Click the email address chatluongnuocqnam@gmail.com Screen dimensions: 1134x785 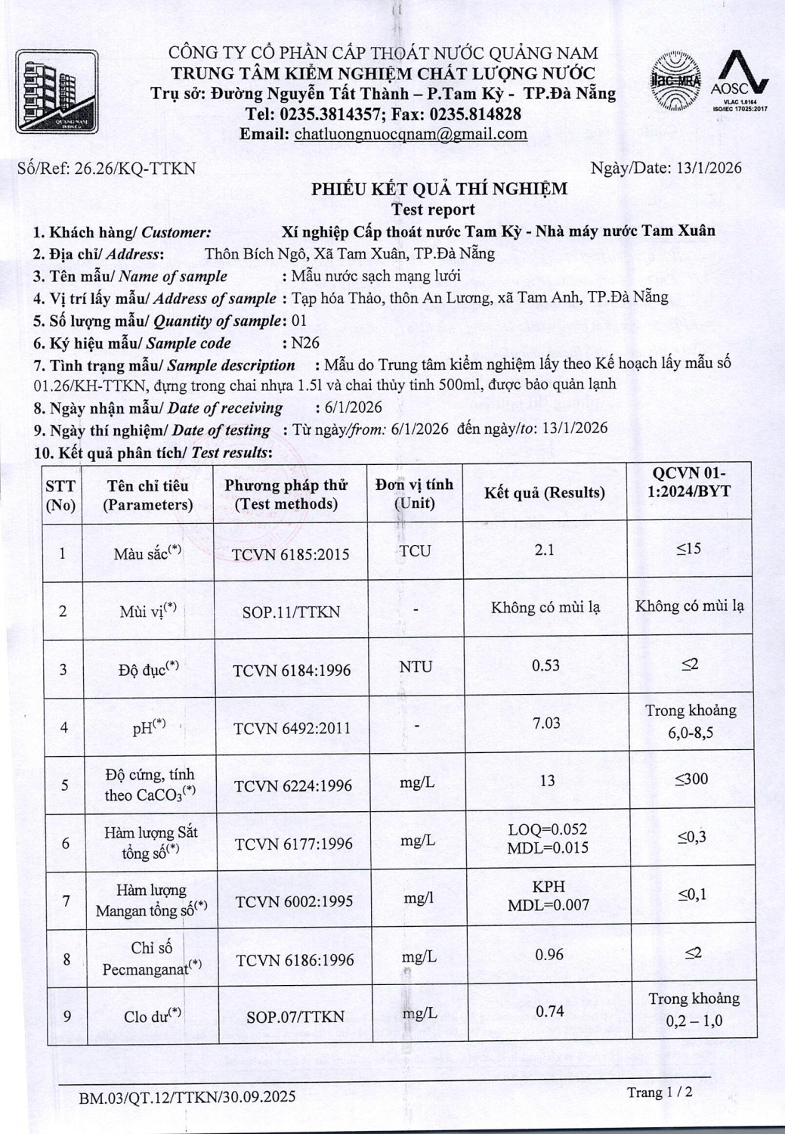(x=410, y=135)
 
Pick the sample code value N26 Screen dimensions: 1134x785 (x=305, y=342)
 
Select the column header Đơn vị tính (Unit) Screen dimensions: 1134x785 (x=414, y=493)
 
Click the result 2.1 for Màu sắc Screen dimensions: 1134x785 (x=544, y=550)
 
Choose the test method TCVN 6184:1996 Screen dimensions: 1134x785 (x=292, y=670)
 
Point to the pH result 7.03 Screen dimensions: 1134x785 (x=546, y=723)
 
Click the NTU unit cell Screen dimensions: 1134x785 (x=416, y=667)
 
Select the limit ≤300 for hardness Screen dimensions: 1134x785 (x=691, y=779)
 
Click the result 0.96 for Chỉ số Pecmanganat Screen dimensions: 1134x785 (x=549, y=954)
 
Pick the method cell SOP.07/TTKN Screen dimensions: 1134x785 (x=295, y=1017)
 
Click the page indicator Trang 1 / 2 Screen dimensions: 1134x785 (x=659, y=1092)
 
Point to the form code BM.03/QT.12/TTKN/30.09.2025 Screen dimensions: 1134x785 (x=187, y=1096)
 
